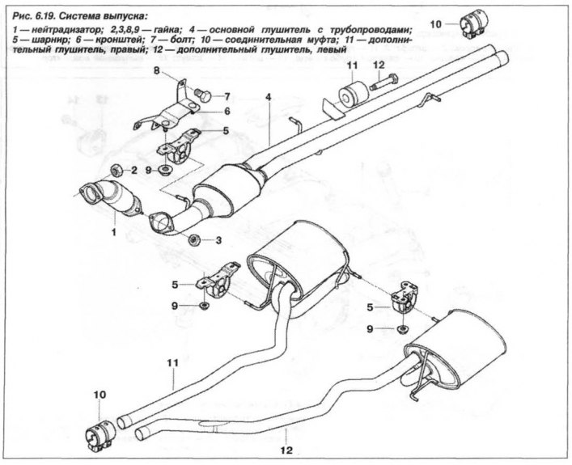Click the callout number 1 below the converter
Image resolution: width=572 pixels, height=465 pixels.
point(114,232)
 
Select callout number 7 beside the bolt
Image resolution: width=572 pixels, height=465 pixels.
point(228,95)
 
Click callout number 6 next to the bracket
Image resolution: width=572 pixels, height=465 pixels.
point(228,111)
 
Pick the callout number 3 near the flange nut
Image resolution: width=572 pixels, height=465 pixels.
point(218,240)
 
